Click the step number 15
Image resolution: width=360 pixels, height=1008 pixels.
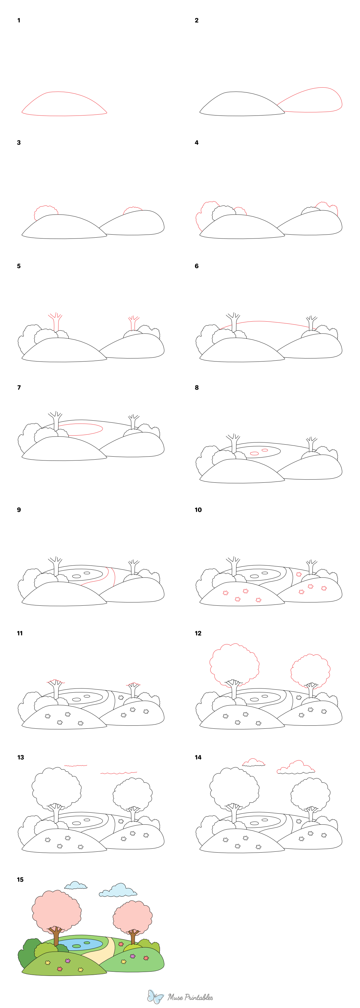[x=20, y=880]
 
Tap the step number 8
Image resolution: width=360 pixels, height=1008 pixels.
[x=196, y=387]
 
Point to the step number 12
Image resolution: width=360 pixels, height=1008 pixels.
[x=198, y=633]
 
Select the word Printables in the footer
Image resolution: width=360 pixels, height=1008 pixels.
[x=196, y=997]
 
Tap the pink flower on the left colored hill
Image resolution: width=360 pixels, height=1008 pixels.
[x=60, y=969]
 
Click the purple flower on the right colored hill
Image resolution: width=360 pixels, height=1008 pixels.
[x=133, y=956]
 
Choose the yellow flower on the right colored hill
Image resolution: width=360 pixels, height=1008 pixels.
[x=124, y=961]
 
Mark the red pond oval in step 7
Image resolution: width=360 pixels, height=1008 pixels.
[x=80, y=429]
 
